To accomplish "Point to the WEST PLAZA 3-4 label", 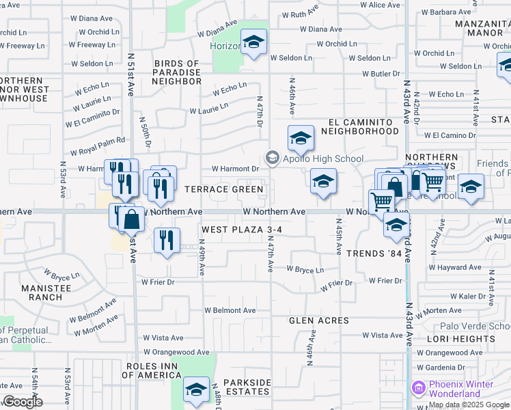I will click(241, 230).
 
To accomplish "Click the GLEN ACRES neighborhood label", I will click(318, 320).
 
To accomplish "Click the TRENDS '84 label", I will click(374, 254).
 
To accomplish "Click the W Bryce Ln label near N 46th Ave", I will click(305, 270).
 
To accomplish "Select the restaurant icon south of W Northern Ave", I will click(167, 240).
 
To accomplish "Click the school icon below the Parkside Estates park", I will click(197, 389).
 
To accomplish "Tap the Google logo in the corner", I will click(23, 402).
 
